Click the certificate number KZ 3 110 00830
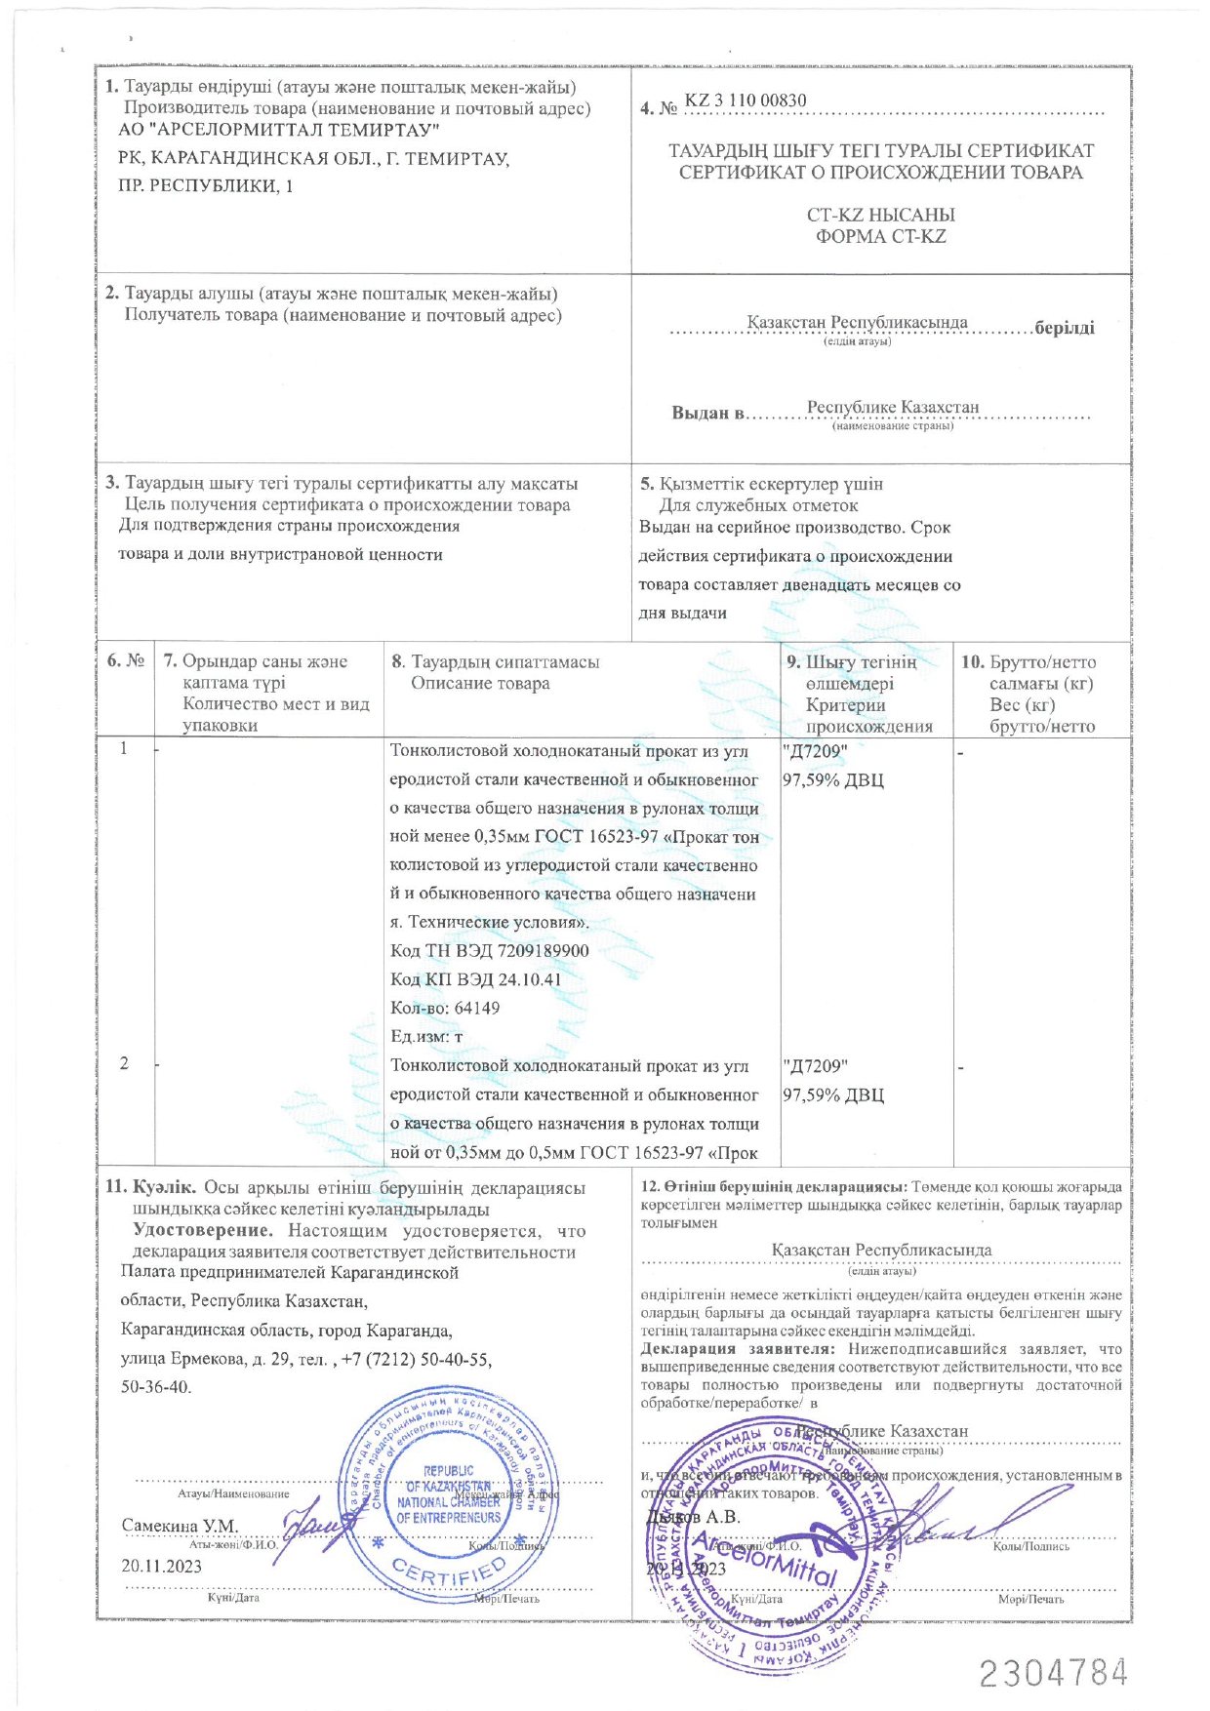[x=746, y=100]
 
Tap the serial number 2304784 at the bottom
[x=1054, y=1673]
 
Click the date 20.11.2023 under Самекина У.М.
[x=161, y=1566]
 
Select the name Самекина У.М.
[x=180, y=1525]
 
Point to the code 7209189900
[x=543, y=950]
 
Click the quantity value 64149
[x=477, y=1008]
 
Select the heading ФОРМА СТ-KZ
[x=880, y=236]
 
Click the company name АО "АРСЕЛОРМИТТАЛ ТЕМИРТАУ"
[x=278, y=130]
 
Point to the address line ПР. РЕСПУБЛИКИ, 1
[x=205, y=185]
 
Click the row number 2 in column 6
[x=124, y=1063]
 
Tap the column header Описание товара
[x=480, y=683]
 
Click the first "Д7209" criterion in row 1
[x=815, y=751]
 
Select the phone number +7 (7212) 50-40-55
[x=417, y=1359]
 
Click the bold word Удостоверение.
[x=203, y=1231]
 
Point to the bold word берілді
[x=1065, y=328]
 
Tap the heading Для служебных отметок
[x=759, y=505]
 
